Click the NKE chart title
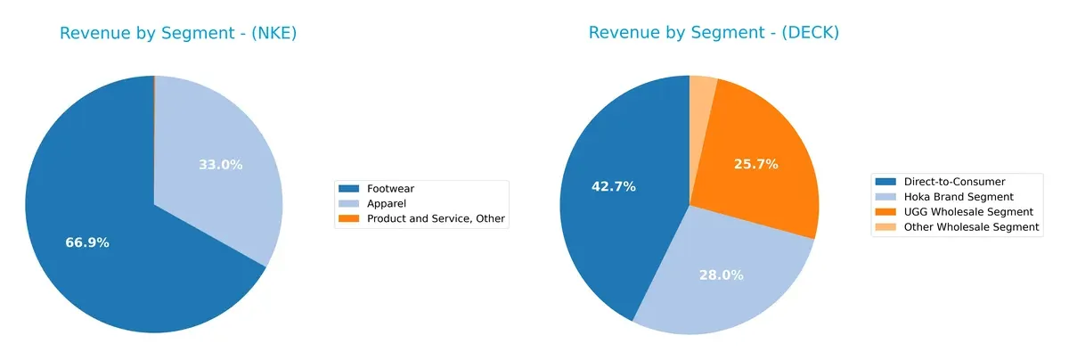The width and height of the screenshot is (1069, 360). coord(178,34)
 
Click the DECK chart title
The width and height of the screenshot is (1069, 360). coord(714,33)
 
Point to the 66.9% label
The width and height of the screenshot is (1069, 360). coord(87,242)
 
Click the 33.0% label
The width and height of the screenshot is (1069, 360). coord(220,165)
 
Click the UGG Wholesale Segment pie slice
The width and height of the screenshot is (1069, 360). coord(757,151)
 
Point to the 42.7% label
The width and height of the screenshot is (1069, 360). coord(613,186)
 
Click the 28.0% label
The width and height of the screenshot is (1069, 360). coord(721,275)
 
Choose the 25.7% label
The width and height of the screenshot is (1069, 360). coord(756,164)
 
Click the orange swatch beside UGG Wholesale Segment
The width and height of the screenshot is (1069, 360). coord(886,212)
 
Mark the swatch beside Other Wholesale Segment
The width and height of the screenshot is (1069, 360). coord(886,227)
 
